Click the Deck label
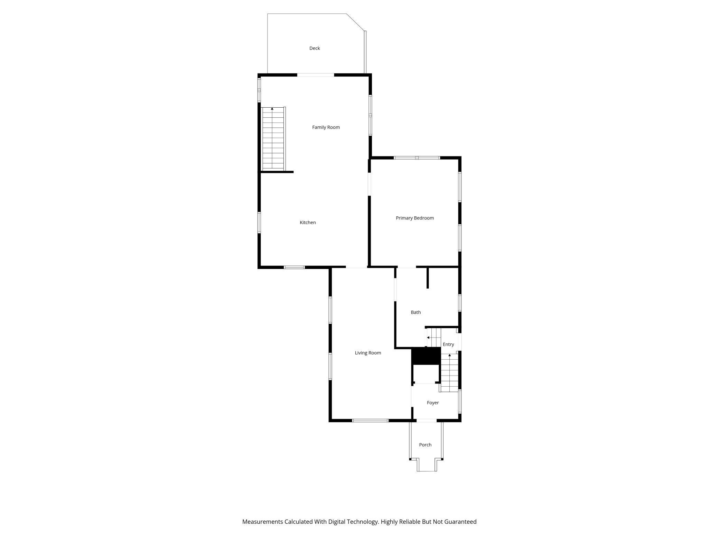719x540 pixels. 314,48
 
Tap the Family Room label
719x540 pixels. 326,127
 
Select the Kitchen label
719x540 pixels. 308,223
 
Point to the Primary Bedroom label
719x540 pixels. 414,218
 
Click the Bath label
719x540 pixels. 415,312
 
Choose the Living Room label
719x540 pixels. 368,353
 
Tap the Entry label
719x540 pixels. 448,344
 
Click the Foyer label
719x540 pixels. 432,403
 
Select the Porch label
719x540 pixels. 425,445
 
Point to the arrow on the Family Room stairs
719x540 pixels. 272,109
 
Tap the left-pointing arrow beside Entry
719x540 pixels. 428,337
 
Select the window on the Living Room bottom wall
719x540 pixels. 370,421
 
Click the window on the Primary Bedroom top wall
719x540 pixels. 417,158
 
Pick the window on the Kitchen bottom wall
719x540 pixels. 294,267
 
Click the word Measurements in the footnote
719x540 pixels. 262,522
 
